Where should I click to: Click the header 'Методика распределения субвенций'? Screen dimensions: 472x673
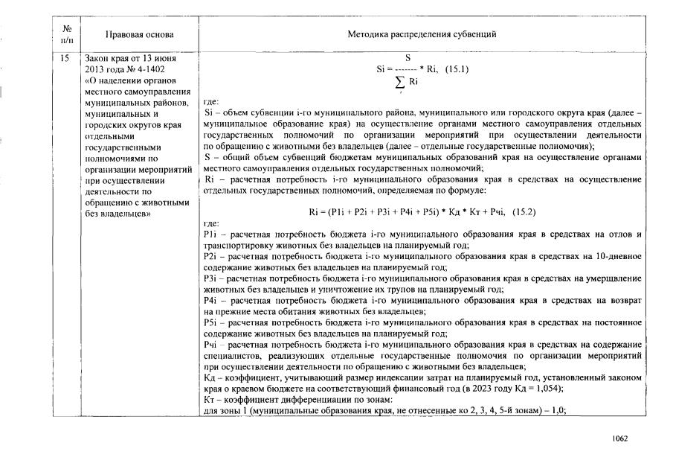(x=422, y=35)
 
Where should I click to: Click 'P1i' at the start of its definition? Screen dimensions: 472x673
(x=210, y=234)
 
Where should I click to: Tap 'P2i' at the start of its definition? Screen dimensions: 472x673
(x=210, y=255)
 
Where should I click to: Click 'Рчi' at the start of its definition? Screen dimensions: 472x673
(x=210, y=344)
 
